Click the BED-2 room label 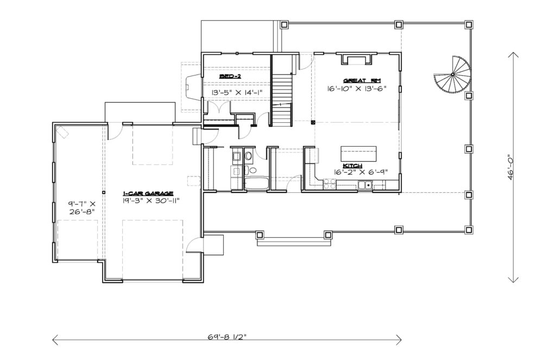pyautogui.click(x=230, y=77)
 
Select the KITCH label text pyautogui.click(x=352, y=166)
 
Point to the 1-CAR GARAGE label pyautogui.click(x=148, y=193)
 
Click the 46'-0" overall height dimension pyautogui.click(x=510, y=167)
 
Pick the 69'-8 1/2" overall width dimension pyautogui.click(x=227, y=337)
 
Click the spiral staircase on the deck pyautogui.click(x=453, y=74)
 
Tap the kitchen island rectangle pyautogui.click(x=358, y=154)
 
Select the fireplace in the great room pyautogui.click(x=357, y=59)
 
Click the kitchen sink pyautogui.click(x=365, y=185)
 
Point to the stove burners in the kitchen pyautogui.click(x=330, y=184)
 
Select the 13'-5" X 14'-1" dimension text pyautogui.click(x=237, y=92)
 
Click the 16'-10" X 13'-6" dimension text pyautogui.click(x=356, y=89)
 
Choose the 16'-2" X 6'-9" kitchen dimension pyautogui.click(x=361, y=172)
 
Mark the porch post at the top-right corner pyautogui.click(x=469, y=24)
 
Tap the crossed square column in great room pyautogui.click(x=313, y=122)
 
